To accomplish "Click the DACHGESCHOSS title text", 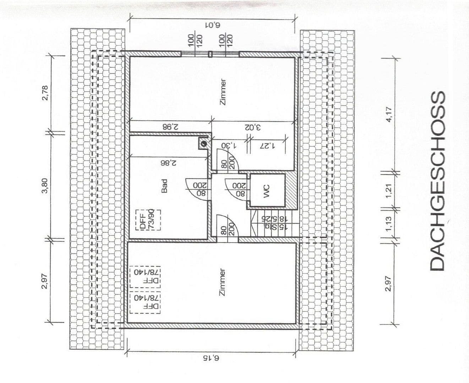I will coord(437,181).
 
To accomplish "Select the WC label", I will coord(266,190).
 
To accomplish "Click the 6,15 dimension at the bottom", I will coord(212,359).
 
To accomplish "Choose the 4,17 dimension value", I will coord(389,115).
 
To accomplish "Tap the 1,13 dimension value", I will coord(389,223).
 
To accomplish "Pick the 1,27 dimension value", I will coord(267,145).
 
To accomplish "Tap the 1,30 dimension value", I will coord(229,145).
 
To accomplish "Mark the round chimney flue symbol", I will coord(204,144).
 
